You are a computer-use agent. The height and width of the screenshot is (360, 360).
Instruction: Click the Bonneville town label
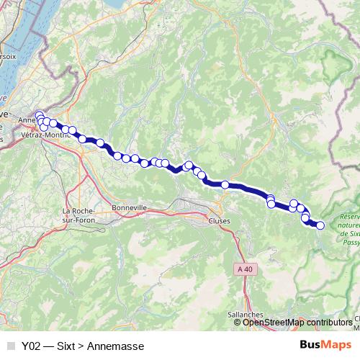click(x=130, y=207)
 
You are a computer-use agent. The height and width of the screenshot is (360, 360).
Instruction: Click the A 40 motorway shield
click(x=245, y=269)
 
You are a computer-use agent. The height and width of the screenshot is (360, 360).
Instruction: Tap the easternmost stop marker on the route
click(x=320, y=225)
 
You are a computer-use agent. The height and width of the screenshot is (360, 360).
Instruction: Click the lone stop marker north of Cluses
click(x=225, y=185)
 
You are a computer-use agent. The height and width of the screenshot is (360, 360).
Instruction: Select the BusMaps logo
click(x=324, y=346)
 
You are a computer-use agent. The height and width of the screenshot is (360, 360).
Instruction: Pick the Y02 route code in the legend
click(x=32, y=346)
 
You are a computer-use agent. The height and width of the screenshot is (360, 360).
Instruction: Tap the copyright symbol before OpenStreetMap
click(x=238, y=323)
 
